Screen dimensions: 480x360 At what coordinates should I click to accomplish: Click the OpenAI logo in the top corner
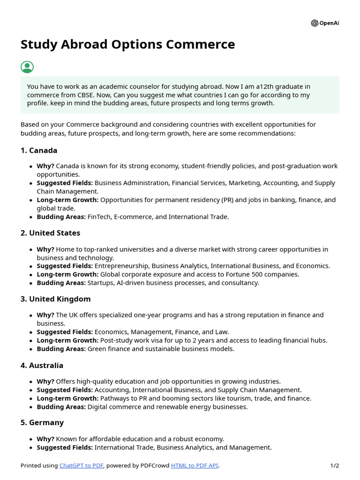click(x=324, y=23)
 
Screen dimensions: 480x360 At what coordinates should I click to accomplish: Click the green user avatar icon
click(x=27, y=67)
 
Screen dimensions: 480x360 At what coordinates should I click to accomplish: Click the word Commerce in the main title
click(x=201, y=45)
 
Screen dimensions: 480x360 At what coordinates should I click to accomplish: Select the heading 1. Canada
click(x=39, y=150)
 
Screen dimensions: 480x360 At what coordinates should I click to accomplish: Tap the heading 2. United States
click(x=50, y=233)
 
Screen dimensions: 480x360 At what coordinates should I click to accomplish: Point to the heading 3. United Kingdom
click(x=55, y=299)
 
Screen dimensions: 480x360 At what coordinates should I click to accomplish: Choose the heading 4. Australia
click(x=42, y=365)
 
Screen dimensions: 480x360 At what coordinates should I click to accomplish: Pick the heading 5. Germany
click(x=42, y=422)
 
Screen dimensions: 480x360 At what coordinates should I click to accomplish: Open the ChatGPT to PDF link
click(x=82, y=465)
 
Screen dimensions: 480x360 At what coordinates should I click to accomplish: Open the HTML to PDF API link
click(x=195, y=465)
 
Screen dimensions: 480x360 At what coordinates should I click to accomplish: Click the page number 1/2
click(x=334, y=465)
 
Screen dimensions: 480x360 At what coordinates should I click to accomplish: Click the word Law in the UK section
click(x=222, y=332)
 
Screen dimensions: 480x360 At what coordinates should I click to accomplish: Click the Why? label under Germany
click(x=45, y=439)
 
